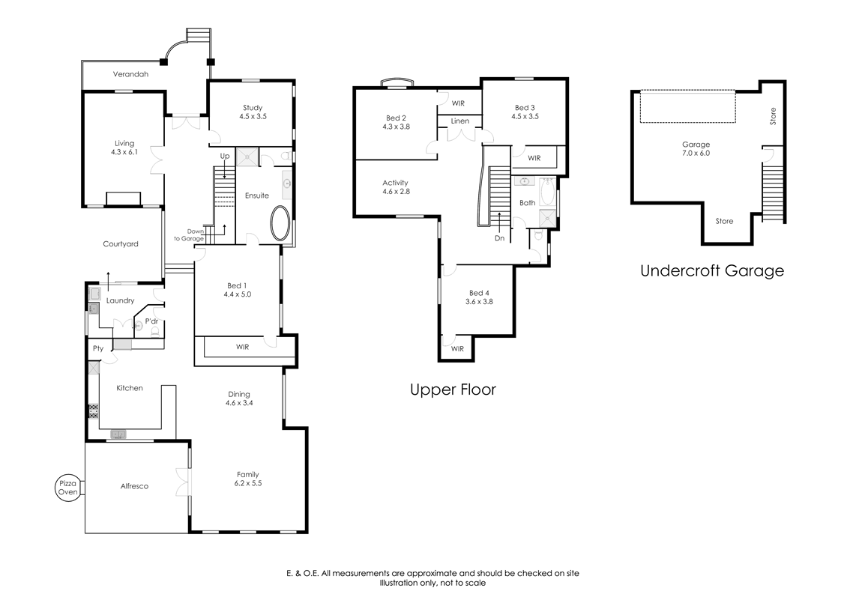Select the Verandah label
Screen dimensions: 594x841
[x=130, y=74]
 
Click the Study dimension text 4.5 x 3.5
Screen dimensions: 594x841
[x=253, y=117]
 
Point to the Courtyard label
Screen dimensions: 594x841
[x=121, y=244]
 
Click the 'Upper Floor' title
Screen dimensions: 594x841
[x=453, y=390]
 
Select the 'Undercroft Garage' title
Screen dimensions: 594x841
[x=711, y=271]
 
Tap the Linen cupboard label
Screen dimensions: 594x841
[x=459, y=121]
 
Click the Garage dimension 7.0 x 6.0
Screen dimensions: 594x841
[x=696, y=154]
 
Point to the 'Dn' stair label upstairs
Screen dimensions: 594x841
[x=499, y=239]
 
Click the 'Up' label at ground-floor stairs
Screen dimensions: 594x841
[x=225, y=156]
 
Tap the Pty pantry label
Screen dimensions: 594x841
[x=98, y=348]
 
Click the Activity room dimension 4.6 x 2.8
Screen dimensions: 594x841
[x=396, y=192]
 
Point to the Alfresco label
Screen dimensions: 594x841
[x=135, y=486]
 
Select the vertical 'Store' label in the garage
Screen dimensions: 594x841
[x=773, y=116]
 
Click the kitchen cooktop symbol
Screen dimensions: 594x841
[x=94, y=411]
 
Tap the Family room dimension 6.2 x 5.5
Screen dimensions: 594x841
[x=248, y=484]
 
